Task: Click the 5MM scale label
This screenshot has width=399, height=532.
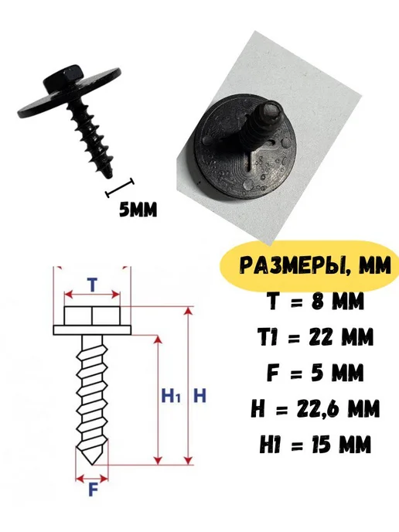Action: pyautogui.click(x=138, y=210)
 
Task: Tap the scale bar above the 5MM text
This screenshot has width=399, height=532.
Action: pyautogui.click(x=120, y=187)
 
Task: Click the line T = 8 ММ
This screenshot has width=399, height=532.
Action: pyautogui.click(x=315, y=301)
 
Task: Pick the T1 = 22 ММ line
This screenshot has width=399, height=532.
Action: pyautogui.click(x=315, y=336)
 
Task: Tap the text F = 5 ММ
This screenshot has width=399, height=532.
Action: pyautogui.click(x=315, y=373)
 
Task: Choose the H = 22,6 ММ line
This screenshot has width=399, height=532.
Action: pyautogui.click(x=315, y=408)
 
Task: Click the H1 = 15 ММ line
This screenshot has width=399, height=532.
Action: pyautogui.click(x=315, y=444)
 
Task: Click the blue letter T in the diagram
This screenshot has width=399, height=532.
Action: pyautogui.click(x=91, y=285)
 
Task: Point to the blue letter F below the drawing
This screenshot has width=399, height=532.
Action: pyautogui.click(x=93, y=489)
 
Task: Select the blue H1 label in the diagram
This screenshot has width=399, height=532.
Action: pyautogui.click(x=171, y=396)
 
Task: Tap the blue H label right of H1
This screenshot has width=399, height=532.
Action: pyautogui.click(x=199, y=396)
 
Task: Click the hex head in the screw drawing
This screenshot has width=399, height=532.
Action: pyautogui.click(x=92, y=315)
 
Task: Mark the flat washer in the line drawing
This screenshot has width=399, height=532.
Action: pyautogui.click(x=92, y=330)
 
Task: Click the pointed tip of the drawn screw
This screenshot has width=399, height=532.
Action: pyautogui.click(x=92, y=464)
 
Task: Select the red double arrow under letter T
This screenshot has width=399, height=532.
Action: pyautogui.click(x=92, y=295)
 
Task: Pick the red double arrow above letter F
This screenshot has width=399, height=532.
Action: pyautogui.click(x=91, y=479)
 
